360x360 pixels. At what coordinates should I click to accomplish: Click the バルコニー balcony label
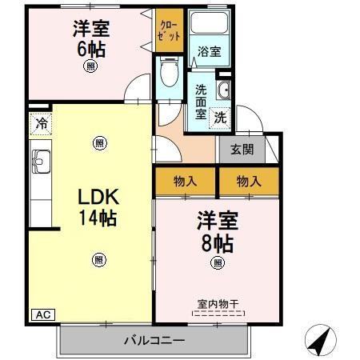(x=154, y=340)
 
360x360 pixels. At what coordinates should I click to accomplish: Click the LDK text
(x=98, y=198)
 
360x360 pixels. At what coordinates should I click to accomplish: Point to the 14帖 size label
(x=98, y=218)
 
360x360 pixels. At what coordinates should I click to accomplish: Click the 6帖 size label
(x=90, y=48)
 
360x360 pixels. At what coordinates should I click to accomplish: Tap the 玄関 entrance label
(x=242, y=149)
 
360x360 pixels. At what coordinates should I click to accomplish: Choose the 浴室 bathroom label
(x=210, y=51)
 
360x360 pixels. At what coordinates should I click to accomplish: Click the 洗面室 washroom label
(x=200, y=100)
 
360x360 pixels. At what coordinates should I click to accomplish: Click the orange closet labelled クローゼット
(x=170, y=31)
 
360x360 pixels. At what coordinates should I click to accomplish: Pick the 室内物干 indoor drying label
(x=217, y=304)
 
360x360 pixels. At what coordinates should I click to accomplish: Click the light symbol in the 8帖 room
(x=216, y=263)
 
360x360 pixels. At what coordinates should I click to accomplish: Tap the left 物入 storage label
(x=185, y=181)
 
